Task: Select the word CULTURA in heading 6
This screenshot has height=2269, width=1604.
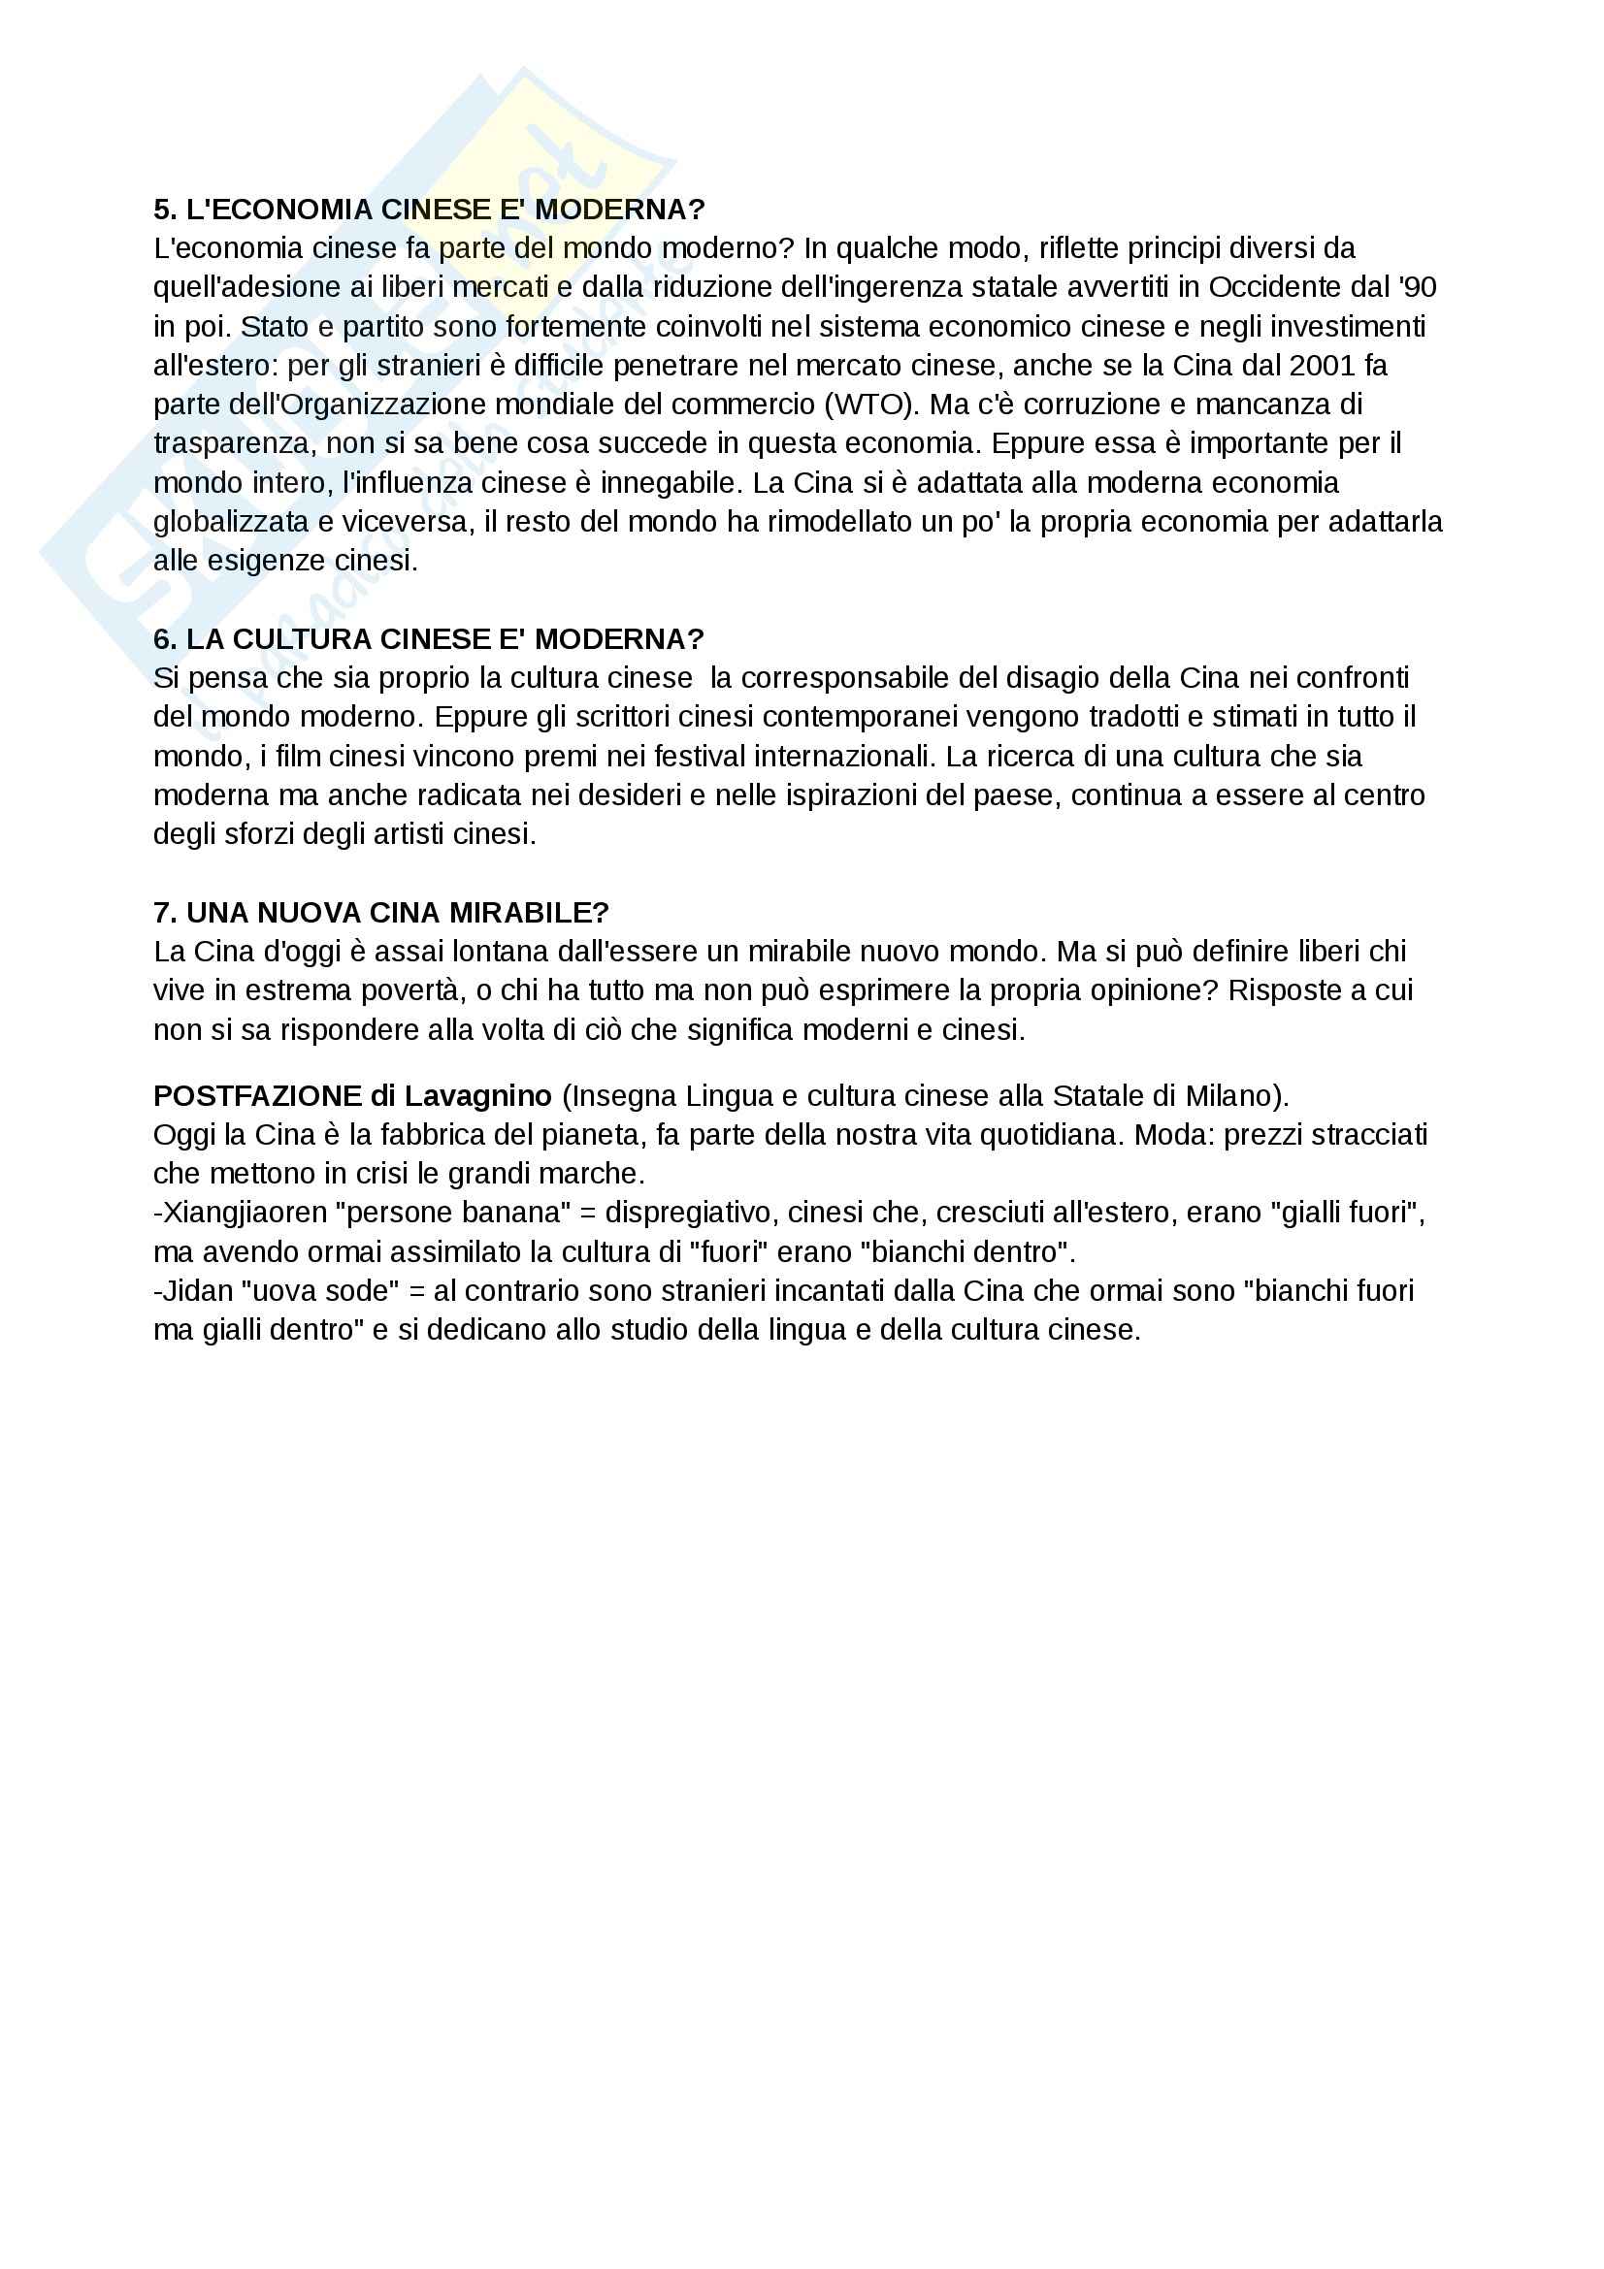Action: (301, 639)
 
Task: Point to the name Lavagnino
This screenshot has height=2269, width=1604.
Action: (476, 1096)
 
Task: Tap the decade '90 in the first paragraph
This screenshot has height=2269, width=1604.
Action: (1418, 287)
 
